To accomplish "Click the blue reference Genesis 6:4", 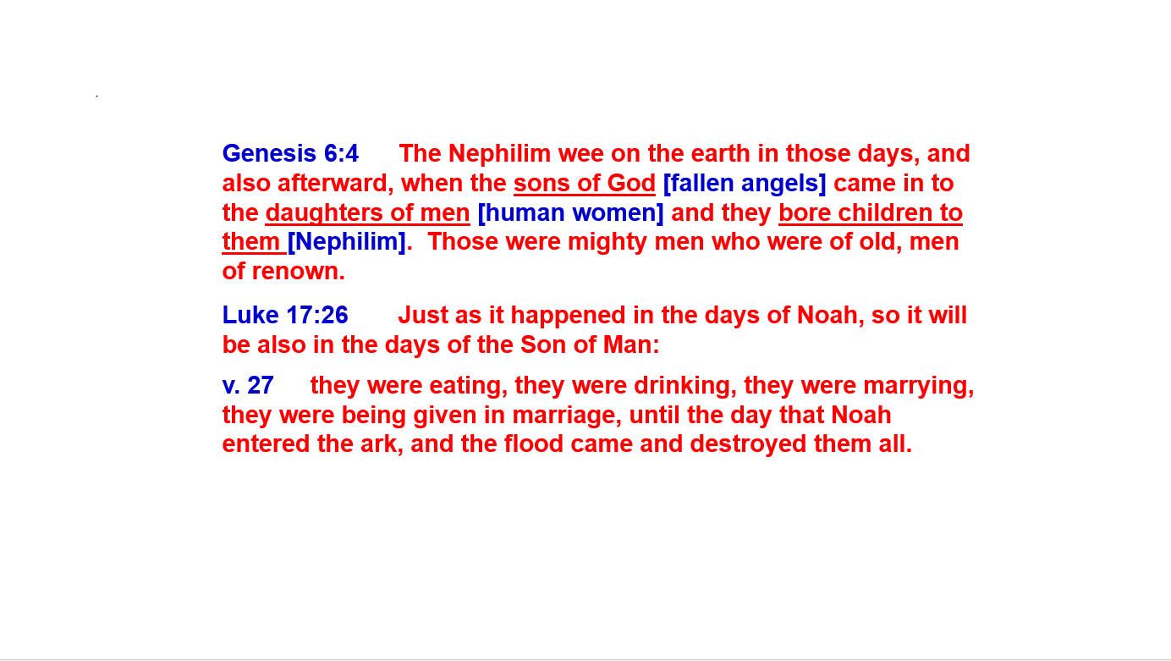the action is pos(290,154).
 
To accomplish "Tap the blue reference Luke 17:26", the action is pos(285,315).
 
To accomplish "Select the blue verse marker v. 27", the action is pos(248,385).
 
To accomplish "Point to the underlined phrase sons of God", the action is pos(585,184).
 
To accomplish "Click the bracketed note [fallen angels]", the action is pos(745,184).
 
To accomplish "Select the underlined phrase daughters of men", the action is pos(367,213).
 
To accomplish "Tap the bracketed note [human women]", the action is pos(570,213).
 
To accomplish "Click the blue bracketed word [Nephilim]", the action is pos(347,242).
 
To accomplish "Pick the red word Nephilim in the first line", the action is pos(499,154).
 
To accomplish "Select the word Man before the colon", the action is pos(627,345).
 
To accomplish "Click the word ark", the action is pos(381,444).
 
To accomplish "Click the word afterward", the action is pos(335,184).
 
